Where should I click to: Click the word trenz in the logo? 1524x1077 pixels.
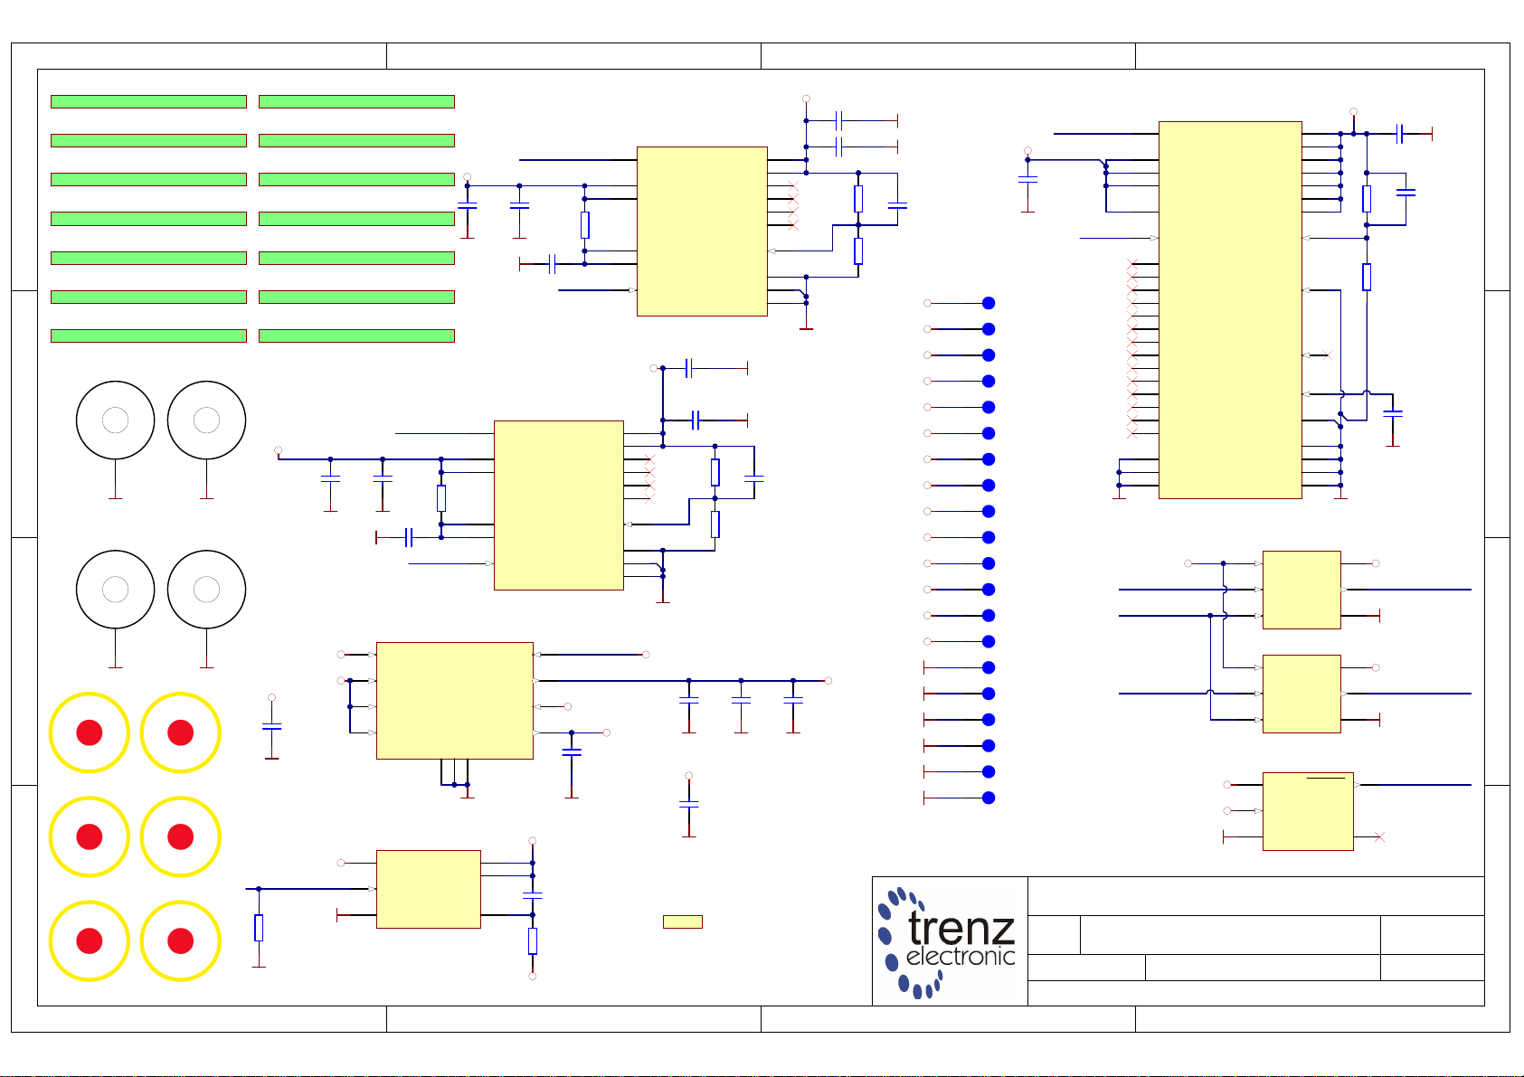[x=961, y=927]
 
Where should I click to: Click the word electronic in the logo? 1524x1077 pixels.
[x=960, y=956]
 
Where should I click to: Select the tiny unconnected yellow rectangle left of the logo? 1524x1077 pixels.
[x=682, y=921]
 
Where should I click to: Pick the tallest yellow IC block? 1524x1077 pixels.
[x=1230, y=309]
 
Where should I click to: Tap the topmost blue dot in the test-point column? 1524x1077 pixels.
[x=989, y=303]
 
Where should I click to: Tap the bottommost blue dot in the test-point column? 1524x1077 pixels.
[x=989, y=798]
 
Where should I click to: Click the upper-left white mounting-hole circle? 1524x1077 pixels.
[x=115, y=420]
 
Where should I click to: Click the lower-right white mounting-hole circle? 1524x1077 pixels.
[x=206, y=590]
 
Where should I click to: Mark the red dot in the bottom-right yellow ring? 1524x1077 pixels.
[x=180, y=941]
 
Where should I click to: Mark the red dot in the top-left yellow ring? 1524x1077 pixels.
[x=90, y=732]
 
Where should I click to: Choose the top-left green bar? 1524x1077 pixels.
[x=148, y=101]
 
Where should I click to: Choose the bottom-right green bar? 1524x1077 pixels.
[x=356, y=335]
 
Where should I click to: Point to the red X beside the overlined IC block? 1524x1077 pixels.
[x=1379, y=836]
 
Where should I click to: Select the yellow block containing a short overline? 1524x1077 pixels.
[x=1308, y=811]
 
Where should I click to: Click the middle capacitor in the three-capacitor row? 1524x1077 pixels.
[x=741, y=700]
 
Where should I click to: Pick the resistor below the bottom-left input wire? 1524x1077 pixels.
[x=259, y=928]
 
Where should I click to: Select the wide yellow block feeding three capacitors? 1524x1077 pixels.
[x=454, y=700]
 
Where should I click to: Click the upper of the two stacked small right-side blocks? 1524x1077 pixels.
[x=1302, y=590]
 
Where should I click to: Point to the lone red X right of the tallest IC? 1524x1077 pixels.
[x=1327, y=355]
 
